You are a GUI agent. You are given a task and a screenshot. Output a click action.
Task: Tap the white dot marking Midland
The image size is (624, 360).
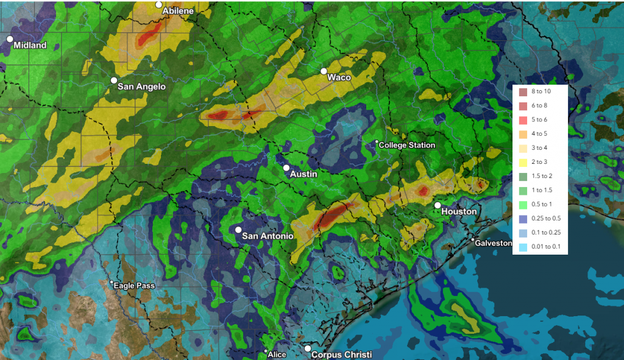[10, 39]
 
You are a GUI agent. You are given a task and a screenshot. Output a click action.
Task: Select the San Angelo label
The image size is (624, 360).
[141, 86]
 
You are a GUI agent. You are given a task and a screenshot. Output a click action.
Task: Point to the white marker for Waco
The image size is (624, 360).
[325, 71]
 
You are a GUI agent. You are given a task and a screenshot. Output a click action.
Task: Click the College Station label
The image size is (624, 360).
[407, 145]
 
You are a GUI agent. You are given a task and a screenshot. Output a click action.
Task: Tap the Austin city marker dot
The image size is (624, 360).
[286, 168]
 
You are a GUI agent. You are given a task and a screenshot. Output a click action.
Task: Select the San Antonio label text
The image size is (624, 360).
[268, 236]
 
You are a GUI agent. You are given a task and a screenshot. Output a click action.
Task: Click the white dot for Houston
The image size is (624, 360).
[438, 205]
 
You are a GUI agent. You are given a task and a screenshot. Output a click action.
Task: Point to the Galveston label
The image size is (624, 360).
[494, 243]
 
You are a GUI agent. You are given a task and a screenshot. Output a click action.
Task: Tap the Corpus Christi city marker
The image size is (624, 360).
[308, 348]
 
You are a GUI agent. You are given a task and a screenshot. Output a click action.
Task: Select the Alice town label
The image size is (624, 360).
[277, 355]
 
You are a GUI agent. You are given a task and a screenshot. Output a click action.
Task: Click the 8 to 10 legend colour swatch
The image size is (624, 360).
[523, 92]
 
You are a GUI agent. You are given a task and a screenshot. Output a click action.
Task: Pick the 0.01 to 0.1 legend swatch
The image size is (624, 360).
[523, 247]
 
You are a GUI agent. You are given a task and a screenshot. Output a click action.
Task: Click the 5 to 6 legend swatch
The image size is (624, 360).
[523, 120]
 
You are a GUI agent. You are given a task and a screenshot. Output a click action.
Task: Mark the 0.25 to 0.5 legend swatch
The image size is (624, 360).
[523, 219]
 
